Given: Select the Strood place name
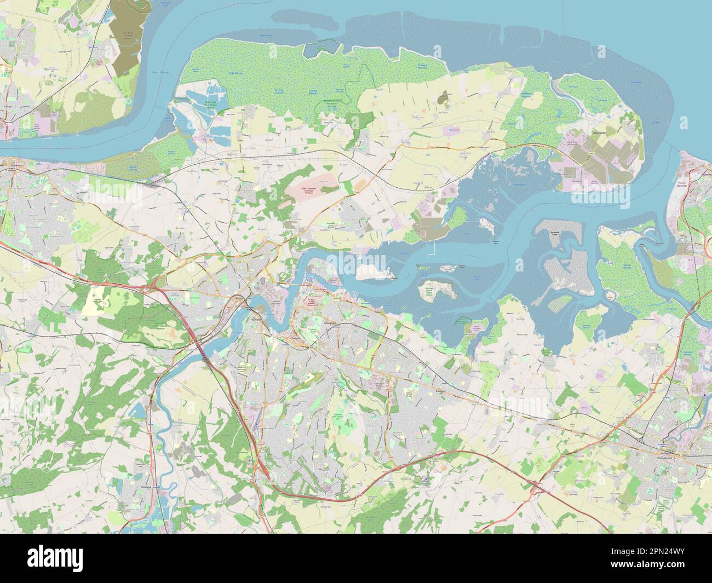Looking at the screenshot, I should (238, 298).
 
